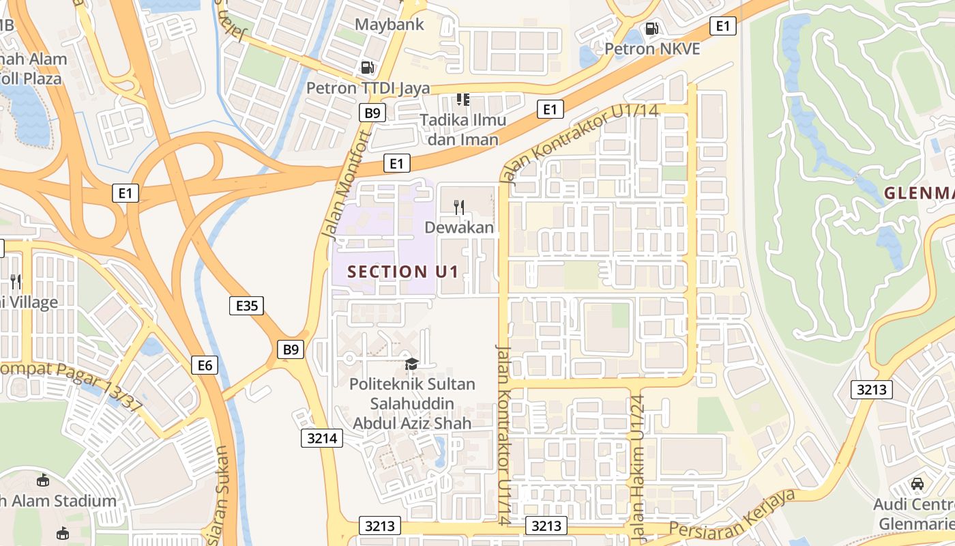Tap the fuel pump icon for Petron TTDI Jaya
click(367, 67)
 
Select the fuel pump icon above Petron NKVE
click(652, 28)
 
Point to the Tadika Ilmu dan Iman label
click(463, 130)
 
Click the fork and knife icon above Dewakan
click(459, 207)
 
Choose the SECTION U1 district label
click(402, 272)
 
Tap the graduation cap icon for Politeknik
click(411, 364)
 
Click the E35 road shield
click(246, 306)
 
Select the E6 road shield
click(205, 365)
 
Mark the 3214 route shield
click(322, 438)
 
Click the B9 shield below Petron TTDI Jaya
click(372, 113)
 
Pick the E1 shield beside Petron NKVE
click(723, 26)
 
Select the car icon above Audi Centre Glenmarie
click(917, 483)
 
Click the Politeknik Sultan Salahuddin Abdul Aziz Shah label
click(411, 403)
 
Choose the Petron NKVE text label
click(652, 49)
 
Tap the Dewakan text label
click(459, 227)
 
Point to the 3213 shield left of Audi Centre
click(872, 390)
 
